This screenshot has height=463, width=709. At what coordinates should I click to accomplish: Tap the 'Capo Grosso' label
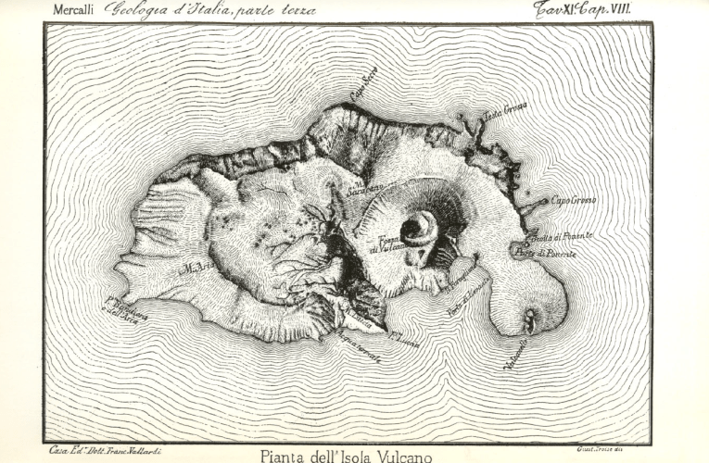(574, 200)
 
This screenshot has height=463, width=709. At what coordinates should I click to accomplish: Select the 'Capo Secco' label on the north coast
(363, 92)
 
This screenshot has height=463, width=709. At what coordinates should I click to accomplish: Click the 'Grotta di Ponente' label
(563, 238)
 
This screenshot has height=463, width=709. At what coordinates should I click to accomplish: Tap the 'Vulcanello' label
(515, 356)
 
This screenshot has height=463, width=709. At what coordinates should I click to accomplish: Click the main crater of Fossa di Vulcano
(419, 228)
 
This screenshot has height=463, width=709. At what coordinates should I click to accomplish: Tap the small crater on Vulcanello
(529, 320)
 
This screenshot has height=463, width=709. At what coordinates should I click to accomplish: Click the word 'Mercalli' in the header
(77, 10)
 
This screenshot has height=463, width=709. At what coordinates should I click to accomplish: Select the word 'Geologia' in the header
(140, 10)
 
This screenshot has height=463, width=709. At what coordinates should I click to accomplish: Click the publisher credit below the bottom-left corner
(102, 448)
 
